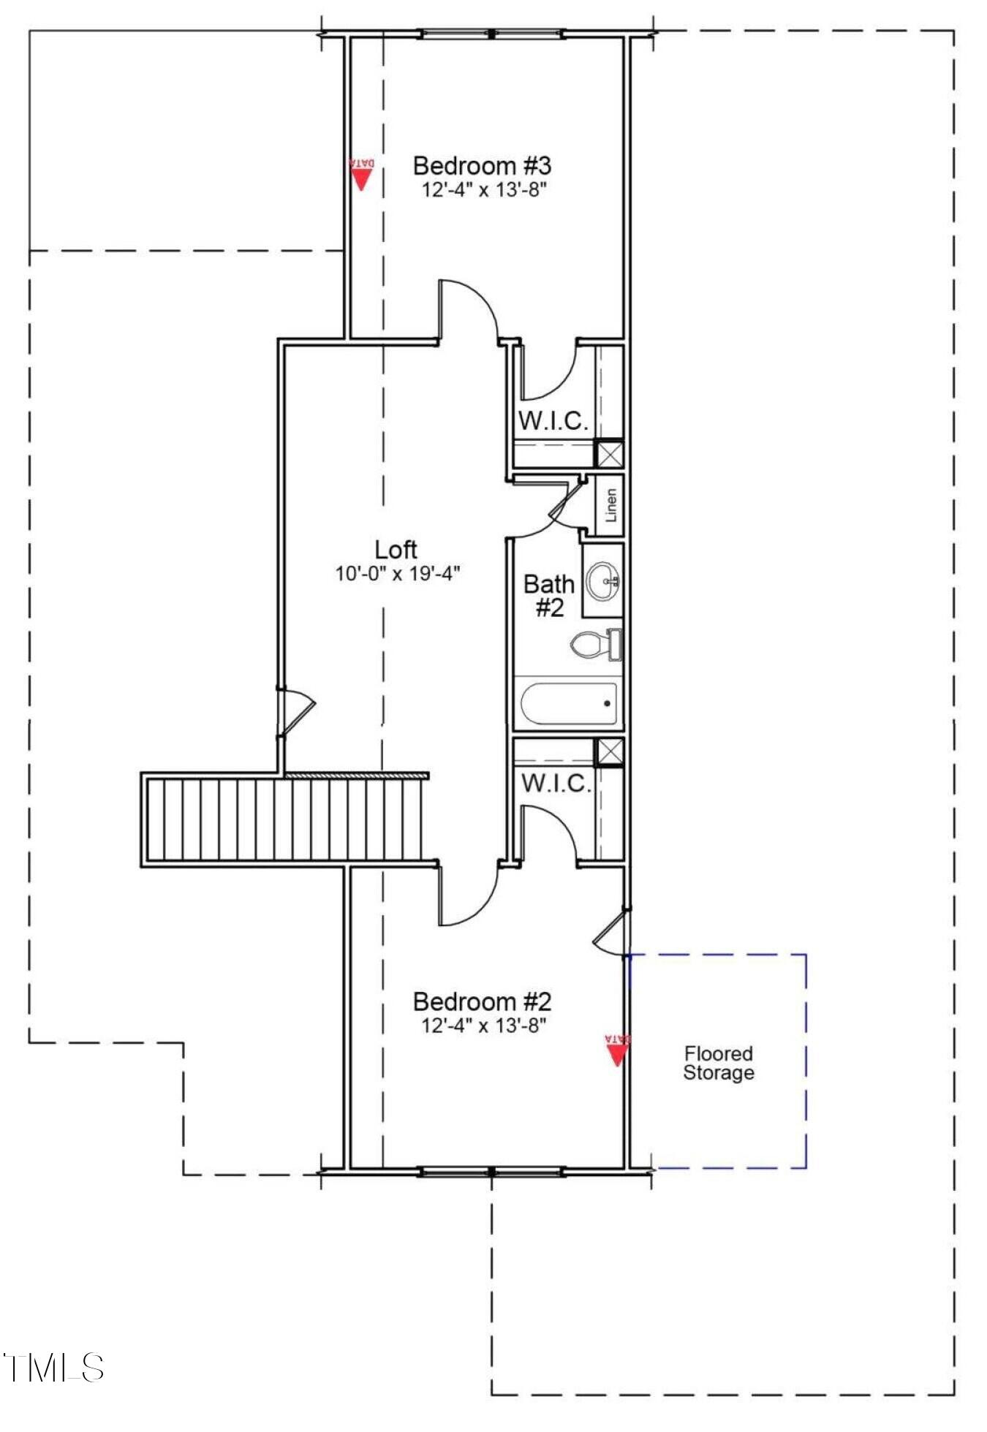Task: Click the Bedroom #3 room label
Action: pos(482,165)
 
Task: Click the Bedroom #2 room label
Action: pos(482,1001)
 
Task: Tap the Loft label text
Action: pos(396,549)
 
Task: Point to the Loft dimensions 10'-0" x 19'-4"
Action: pos(398,573)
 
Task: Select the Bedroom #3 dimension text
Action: pos(484,190)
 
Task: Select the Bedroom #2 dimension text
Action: pos(484,1026)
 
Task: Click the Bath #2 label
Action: pos(549,595)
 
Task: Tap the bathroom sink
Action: pos(604,581)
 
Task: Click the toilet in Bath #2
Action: pos(594,645)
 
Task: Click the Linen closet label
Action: pos(610,505)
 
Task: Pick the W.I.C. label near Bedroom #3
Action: pos(553,421)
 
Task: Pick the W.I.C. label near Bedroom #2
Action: pos(556,784)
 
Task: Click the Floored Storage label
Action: pos(718,1063)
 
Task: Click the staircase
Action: pos(285,819)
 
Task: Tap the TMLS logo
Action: pos(53,1368)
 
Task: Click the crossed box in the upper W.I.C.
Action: pos(610,453)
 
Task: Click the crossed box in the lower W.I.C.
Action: pos(610,751)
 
